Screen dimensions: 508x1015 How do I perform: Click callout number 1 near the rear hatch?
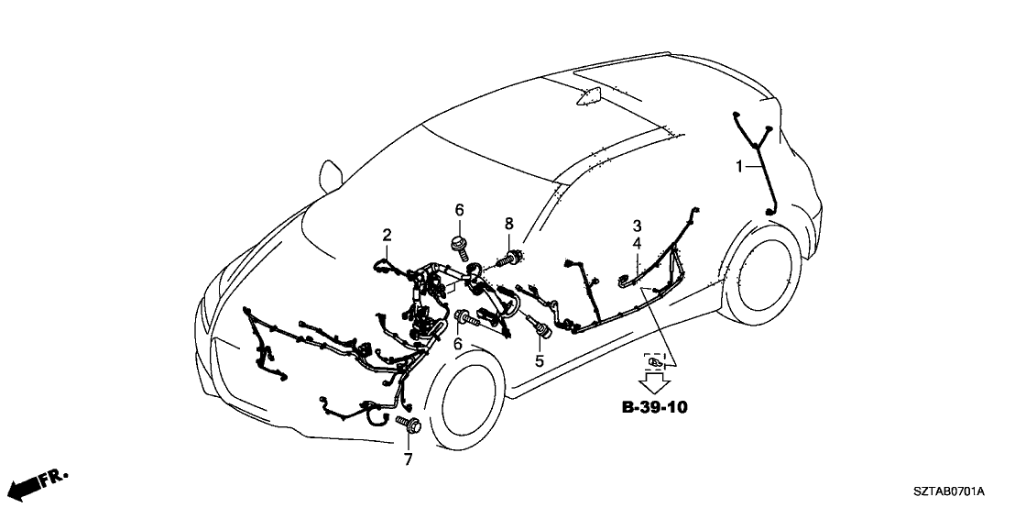coord(738,167)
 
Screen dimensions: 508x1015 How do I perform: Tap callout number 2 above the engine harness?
coord(387,235)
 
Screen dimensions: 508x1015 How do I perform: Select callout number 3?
coord(636,225)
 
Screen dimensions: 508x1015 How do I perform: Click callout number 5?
coord(540,361)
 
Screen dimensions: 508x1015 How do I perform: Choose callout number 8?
coord(508,223)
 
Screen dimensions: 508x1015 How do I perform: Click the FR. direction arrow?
coord(40,481)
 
